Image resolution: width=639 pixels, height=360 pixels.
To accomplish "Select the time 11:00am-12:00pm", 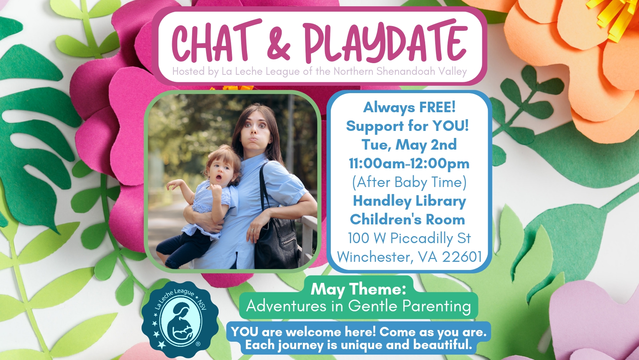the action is pyautogui.click(x=409, y=164).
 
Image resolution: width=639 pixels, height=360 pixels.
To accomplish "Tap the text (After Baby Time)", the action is pyautogui.click(x=410, y=182).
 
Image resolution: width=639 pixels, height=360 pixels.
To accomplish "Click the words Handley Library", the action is pyautogui.click(x=410, y=201).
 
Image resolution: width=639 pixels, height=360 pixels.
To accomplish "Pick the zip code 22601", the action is pyautogui.click(x=462, y=257).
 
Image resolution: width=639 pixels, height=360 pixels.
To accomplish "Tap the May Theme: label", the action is pyautogui.click(x=358, y=289).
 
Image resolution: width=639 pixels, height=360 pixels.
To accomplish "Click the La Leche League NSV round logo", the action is pyautogui.click(x=180, y=319).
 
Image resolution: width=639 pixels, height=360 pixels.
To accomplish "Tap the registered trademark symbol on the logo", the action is pyautogui.click(x=198, y=344).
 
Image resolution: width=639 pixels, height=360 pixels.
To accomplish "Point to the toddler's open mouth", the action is pyautogui.click(x=219, y=178).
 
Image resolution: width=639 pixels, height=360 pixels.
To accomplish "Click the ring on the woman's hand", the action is pyautogui.click(x=252, y=230).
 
